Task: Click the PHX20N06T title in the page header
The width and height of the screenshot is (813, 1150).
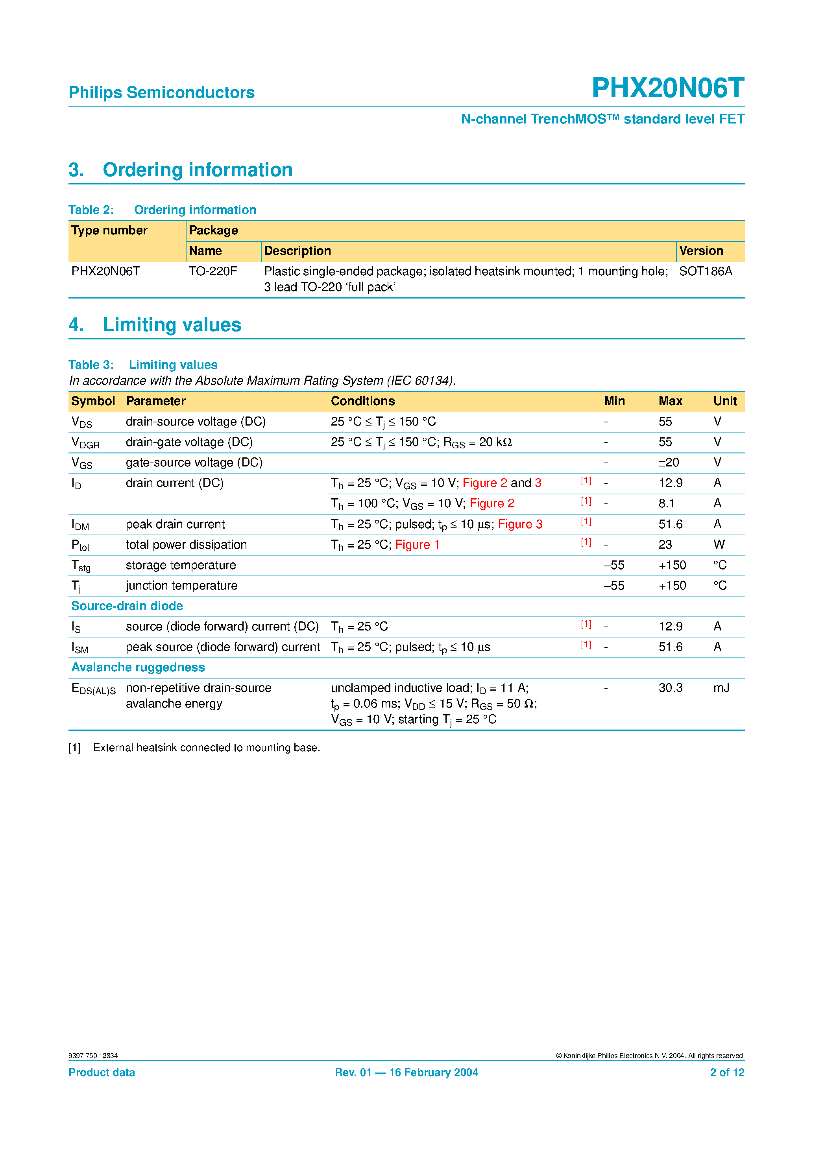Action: [x=668, y=88]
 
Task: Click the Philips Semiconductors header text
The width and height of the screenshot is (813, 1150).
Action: [x=161, y=93]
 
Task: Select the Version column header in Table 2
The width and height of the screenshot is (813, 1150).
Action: [x=701, y=251]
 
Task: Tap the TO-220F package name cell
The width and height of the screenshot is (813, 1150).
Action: [x=212, y=271]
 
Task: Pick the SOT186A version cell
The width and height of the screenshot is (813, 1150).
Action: [x=705, y=271]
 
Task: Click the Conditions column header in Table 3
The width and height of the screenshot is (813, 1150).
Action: [x=362, y=401]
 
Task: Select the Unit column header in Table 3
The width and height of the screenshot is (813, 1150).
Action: [x=725, y=401]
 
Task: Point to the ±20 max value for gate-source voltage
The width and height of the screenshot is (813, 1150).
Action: [x=669, y=463]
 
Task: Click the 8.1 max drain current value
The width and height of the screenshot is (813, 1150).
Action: [x=667, y=503]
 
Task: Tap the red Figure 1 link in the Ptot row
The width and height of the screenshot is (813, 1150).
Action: [x=417, y=545]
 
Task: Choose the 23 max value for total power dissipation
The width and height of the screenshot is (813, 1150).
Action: [x=665, y=545]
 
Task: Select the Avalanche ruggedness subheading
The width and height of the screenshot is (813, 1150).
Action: [x=138, y=668]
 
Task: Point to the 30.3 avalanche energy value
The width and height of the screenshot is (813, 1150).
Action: [x=670, y=688]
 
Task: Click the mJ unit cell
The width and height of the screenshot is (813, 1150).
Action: [x=721, y=688]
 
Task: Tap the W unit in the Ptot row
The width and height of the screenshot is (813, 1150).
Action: [x=719, y=545]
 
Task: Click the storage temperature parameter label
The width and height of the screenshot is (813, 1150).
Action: [x=181, y=566]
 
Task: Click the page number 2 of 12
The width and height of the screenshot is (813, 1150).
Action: [x=727, y=1073]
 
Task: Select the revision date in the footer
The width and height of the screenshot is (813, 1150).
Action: [x=406, y=1073]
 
